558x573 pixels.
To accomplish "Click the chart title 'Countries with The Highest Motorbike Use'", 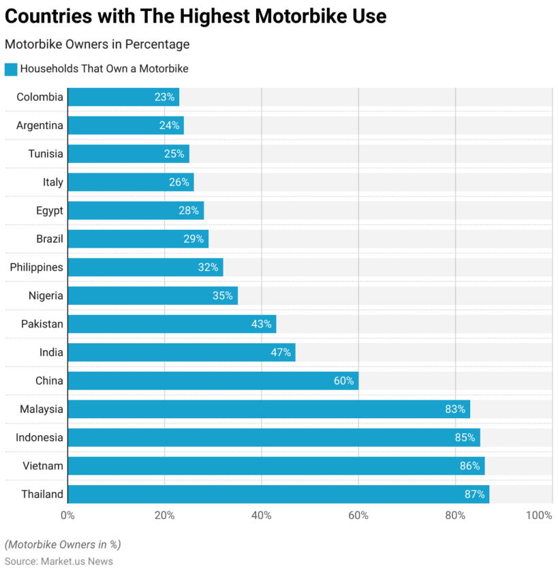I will coord(196,16).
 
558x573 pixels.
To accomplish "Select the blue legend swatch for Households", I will coord(10,69).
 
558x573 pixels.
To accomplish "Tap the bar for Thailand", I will coord(278,495).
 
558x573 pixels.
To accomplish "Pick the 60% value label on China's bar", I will coord(343,381).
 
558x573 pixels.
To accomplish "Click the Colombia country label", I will coord(40,97).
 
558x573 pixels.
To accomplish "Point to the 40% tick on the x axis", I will coord(262,516).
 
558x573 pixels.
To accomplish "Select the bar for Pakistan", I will coord(172,324).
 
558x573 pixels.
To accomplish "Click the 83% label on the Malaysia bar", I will coord(455,409).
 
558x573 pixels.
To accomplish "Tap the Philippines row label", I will coord(36,267).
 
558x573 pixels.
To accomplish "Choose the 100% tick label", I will coord(540,516).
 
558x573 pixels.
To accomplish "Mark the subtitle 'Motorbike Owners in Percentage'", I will coord(97,44).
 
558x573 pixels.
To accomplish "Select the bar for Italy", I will coord(131,182).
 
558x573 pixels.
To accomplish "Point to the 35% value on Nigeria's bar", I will coord(223,295).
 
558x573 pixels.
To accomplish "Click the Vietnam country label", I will coord(42,466).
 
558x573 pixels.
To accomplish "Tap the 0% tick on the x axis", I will coord(67,516).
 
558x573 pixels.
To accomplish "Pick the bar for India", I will coord(181,353).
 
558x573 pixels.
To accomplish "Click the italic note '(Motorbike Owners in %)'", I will coord(63,544).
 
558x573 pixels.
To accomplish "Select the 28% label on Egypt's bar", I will coord(189,211).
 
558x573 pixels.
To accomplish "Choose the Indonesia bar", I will coord(273,438).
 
